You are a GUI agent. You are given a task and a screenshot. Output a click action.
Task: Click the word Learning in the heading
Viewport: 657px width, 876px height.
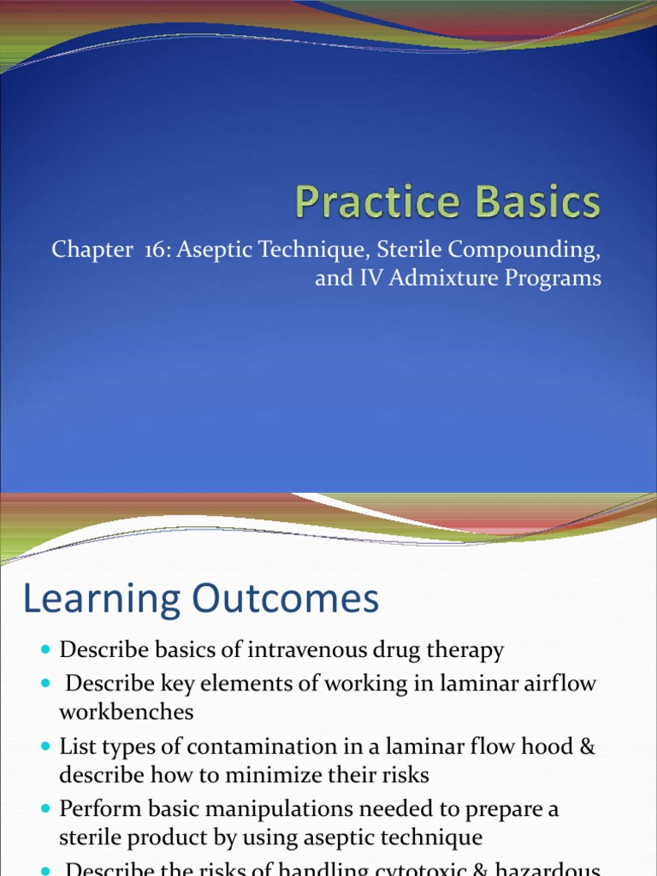(101, 600)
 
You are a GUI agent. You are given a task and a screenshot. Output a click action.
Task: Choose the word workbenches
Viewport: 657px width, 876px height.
(127, 711)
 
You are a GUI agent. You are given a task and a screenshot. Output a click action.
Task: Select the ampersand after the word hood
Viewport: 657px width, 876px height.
(586, 746)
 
